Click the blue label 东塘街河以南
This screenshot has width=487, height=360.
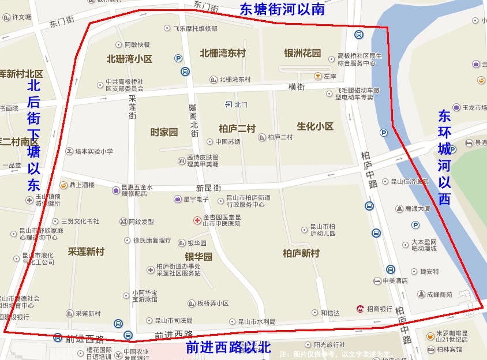pos(282,9)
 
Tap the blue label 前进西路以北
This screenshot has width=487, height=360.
pos(228,347)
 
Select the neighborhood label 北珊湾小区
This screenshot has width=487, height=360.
pos(129,59)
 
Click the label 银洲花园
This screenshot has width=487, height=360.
pos(302,53)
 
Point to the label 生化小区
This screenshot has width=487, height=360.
pos(315,126)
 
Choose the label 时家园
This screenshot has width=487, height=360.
pos(164,132)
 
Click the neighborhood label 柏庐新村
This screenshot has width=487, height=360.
pos(301,253)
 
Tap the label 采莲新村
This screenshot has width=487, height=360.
pos(86,252)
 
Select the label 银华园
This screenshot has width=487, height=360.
pos(198,257)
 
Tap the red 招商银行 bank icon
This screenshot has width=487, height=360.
pos(361,309)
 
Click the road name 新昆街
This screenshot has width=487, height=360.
pos(208,188)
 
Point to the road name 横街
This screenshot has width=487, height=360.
pos(296,87)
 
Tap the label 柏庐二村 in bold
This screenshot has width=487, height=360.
pos(237,128)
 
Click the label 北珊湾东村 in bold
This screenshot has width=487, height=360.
pos(223,53)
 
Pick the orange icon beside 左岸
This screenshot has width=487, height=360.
pos(317,76)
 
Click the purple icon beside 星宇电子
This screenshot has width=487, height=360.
pos(178,199)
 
